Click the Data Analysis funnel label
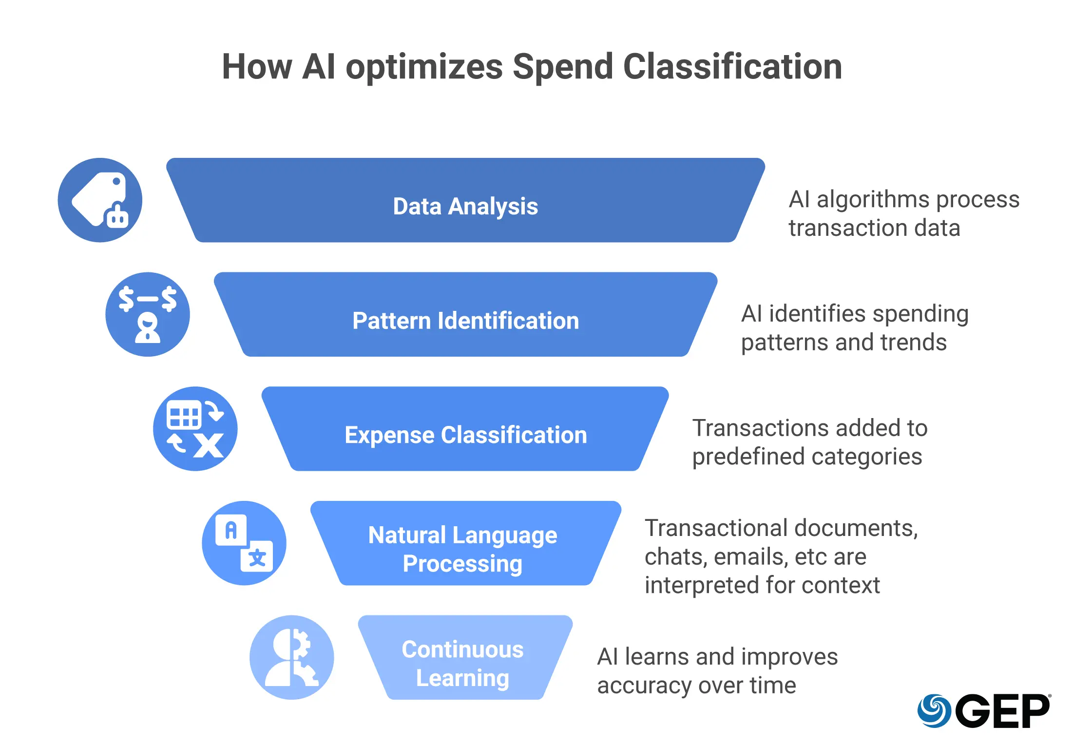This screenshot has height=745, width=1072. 465,206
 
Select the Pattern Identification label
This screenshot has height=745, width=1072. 465,321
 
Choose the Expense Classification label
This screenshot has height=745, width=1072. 465,435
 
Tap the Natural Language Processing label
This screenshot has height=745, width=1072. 462,549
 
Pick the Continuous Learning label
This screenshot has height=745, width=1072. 462,663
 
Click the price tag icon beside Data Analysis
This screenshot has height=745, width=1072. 100,200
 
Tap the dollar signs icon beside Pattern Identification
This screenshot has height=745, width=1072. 148,314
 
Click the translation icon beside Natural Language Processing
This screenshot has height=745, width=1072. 244,543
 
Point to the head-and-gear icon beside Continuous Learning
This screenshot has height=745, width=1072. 292,657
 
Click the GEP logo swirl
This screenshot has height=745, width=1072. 934,710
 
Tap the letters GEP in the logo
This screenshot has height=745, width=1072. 1003,711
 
